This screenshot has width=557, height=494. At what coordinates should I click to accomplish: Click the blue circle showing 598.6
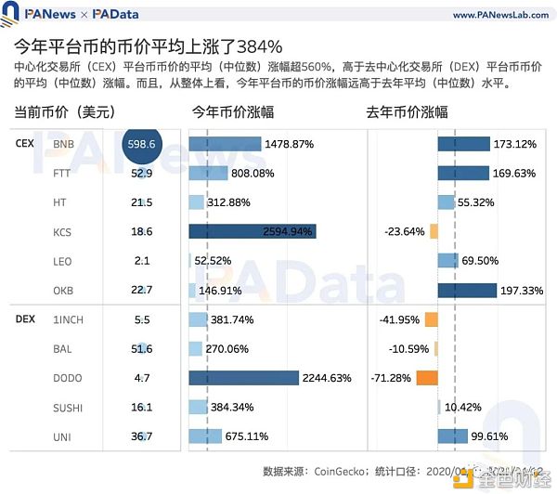click(142, 144)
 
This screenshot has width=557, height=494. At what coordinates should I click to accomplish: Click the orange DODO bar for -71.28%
click(427, 378)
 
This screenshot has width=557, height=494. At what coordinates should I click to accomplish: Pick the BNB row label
click(63, 145)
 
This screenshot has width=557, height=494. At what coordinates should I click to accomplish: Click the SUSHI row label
click(68, 408)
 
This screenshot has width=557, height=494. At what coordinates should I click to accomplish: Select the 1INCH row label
click(68, 319)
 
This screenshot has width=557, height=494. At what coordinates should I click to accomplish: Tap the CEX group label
click(25, 144)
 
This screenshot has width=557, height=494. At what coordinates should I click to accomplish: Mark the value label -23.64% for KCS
click(405, 231)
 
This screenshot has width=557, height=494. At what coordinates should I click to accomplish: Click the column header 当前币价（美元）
click(65, 111)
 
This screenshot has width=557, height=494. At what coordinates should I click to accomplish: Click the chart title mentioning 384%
click(149, 45)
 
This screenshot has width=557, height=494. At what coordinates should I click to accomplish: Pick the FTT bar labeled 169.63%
click(463, 173)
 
